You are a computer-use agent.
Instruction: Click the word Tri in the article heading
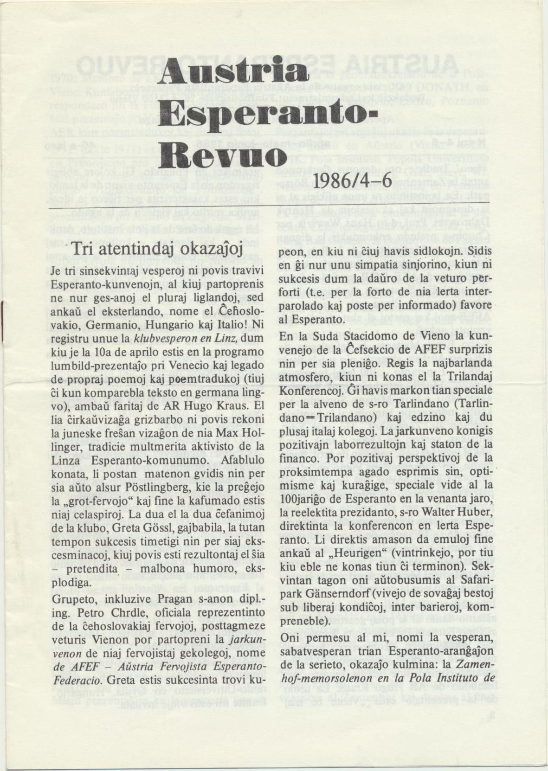click(81, 250)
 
